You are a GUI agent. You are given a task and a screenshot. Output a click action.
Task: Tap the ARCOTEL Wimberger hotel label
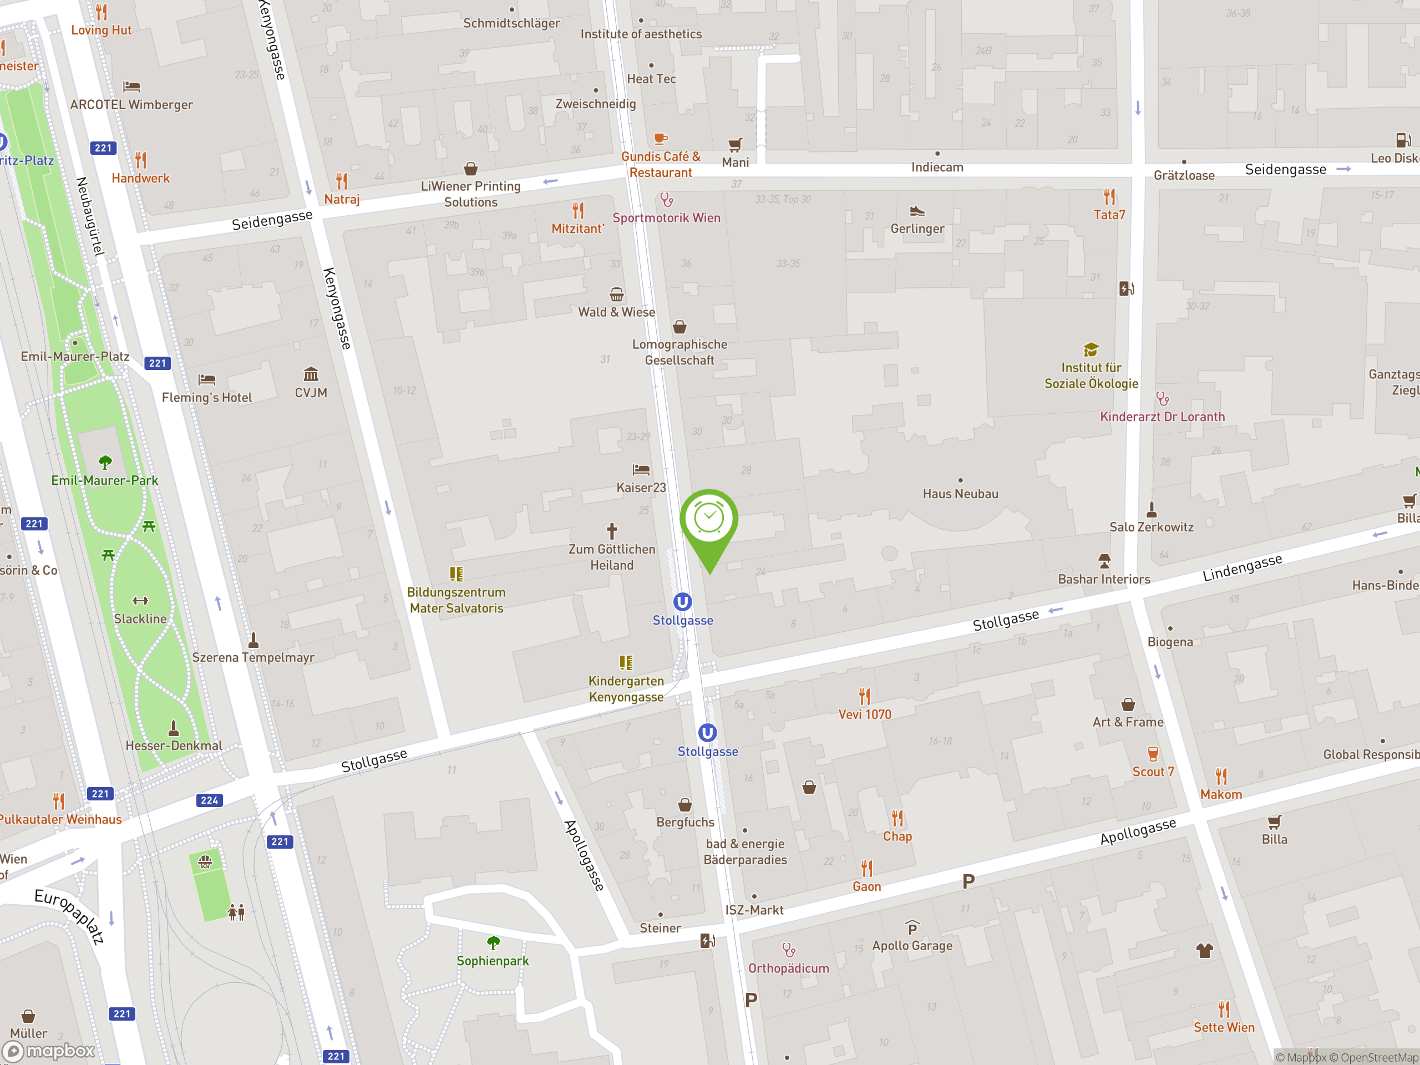131,105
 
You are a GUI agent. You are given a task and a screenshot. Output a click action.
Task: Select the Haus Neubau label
960,494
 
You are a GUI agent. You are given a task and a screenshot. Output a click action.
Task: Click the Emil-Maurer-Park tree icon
105,462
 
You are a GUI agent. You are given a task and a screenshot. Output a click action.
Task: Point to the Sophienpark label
493,961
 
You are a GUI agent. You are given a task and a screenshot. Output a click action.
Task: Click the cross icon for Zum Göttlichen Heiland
612,531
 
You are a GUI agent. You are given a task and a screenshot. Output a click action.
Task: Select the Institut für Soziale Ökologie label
1091,376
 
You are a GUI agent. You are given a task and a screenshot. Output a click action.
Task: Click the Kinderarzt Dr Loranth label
1162,417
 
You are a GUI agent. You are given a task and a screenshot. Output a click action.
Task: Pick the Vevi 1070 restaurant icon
865,697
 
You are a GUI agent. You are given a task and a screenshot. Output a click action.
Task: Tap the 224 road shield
209,800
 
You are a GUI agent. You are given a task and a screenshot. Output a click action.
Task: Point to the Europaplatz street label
69,916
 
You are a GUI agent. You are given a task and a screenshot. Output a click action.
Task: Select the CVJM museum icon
311,374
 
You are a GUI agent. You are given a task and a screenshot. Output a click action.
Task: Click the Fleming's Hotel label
207,397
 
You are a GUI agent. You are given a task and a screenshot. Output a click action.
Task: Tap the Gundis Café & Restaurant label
661,164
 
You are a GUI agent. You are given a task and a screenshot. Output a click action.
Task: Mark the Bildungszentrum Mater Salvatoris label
457,600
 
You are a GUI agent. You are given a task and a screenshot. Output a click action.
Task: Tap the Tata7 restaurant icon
1109,196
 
